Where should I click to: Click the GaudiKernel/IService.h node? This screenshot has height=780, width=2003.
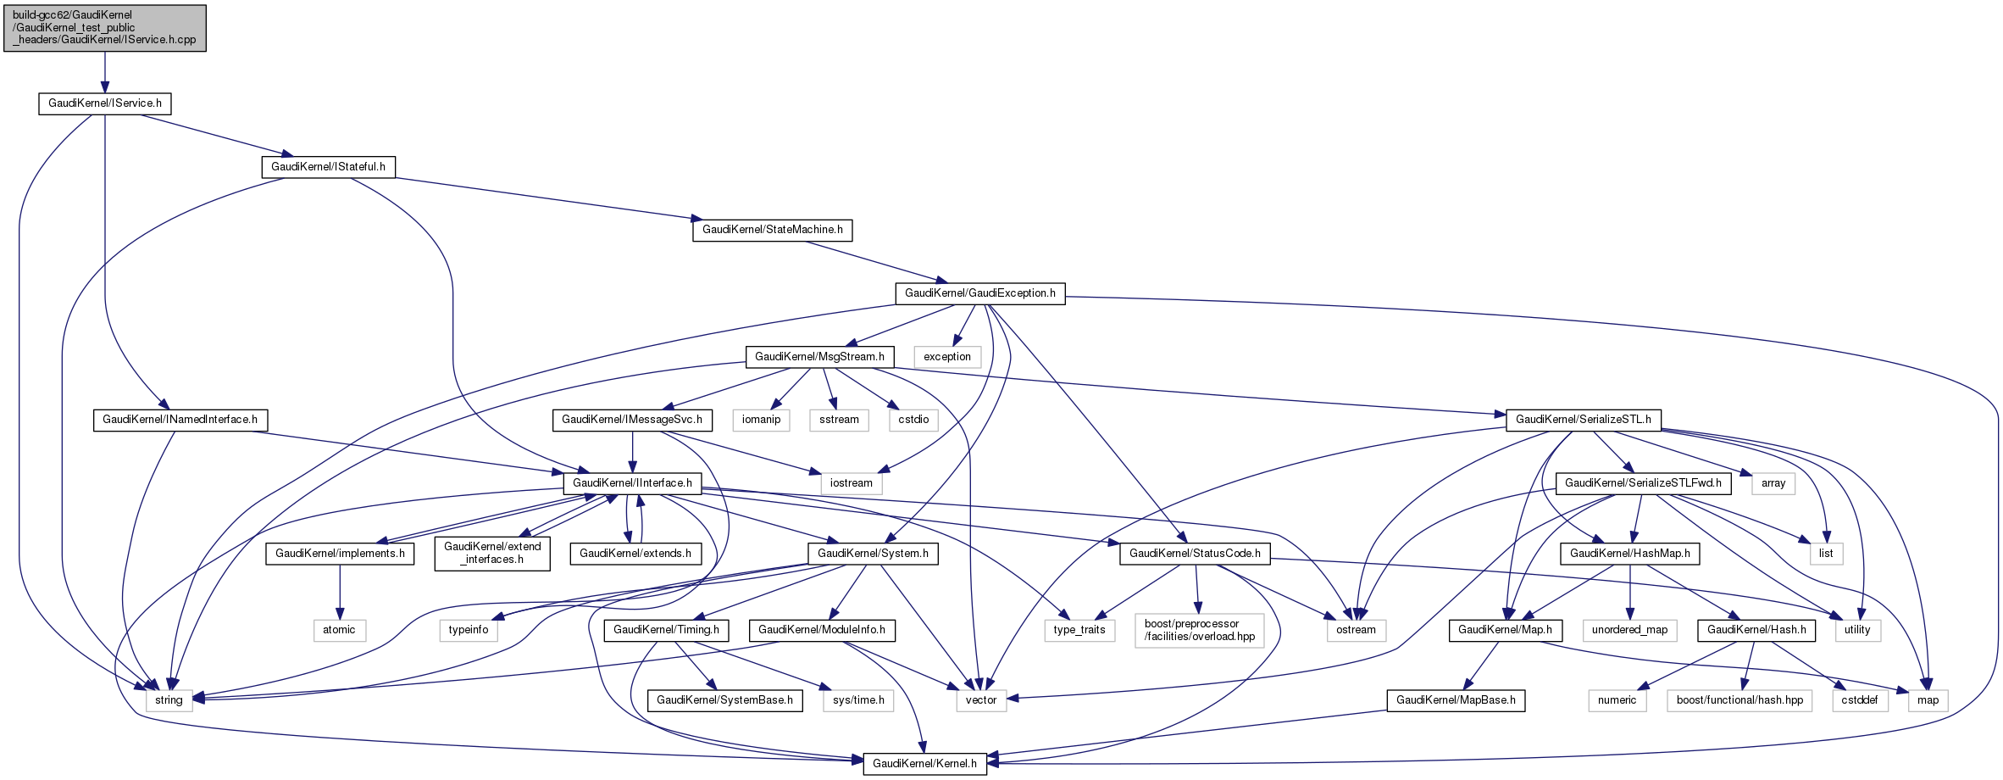pos(105,103)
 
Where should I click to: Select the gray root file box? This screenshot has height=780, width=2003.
pos(104,28)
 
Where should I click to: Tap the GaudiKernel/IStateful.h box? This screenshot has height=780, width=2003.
pos(328,167)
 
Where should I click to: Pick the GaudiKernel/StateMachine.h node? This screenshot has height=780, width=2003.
pos(772,230)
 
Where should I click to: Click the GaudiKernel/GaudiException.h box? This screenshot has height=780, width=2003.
pos(979,293)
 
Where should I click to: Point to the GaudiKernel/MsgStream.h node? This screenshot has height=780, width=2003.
pos(818,357)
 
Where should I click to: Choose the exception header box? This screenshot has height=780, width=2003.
pos(947,357)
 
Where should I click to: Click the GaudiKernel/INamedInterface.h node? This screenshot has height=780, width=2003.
pos(180,420)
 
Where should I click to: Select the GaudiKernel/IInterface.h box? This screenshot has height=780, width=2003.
pos(632,483)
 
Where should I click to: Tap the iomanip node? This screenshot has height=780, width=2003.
pos(761,420)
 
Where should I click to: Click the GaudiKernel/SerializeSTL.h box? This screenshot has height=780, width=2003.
pos(1583,420)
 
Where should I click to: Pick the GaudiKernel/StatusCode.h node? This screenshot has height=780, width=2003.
pos(1195,554)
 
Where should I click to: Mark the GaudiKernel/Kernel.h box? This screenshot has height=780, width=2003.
pos(924,764)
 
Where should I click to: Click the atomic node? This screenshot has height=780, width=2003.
pos(339,630)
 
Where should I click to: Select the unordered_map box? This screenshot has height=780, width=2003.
pos(1629,630)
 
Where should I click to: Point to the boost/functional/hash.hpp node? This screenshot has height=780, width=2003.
pos(1739,700)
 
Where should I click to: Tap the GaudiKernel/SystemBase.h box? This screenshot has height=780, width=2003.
pos(724,700)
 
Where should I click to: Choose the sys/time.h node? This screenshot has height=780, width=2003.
pos(858,700)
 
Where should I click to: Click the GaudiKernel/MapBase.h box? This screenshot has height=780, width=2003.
pos(1456,700)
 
